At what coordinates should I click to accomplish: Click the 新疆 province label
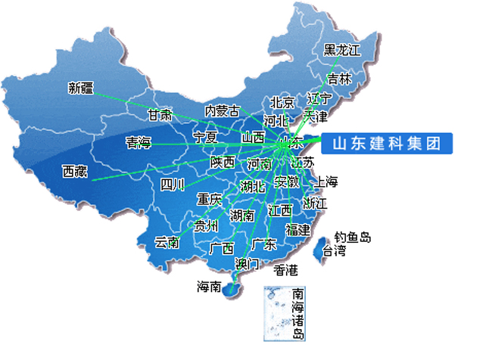click(x=80, y=87)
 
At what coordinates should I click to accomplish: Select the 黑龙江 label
click(x=342, y=50)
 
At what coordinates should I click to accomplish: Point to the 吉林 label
click(x=339, y=78)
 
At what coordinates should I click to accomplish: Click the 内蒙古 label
click(x=222, y=110)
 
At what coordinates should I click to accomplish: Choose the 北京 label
click(x=282, y=103)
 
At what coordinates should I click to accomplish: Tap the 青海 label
click(x=139, y=141)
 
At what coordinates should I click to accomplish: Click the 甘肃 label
click(x=160, y=115)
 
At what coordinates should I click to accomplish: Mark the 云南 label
click(x=167, y=242)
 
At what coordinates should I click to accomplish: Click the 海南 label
click(x=210, y=287)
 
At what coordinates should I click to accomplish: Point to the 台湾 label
click(x=334, y=250)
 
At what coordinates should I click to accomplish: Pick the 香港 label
click(x=286, y=269)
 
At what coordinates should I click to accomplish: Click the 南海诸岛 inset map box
click(x=284, y=312)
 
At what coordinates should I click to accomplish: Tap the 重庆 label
click(x=209, y=200)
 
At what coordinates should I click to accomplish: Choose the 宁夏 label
click(x=205, y=137)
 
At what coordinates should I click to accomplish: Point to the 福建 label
click(x=297, y=229)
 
